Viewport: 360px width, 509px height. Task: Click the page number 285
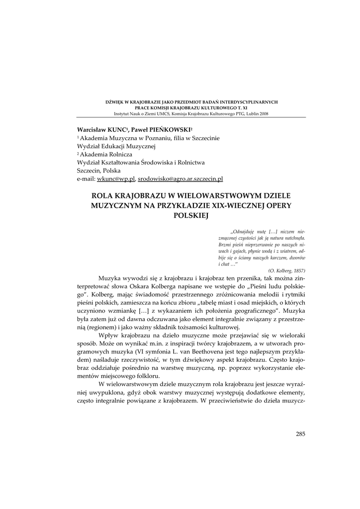click(300, 434)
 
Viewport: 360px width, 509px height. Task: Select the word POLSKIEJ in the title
click(191, 215)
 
